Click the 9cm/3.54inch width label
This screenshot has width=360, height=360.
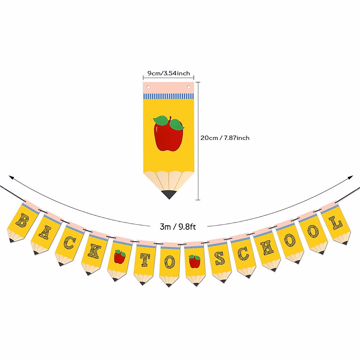pyautogui.click(x=169, y=73)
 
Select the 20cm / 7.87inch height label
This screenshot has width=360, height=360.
pyautogui.click(x=225, y=138)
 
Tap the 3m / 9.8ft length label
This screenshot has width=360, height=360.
pyautogui.click(x=178, y=226)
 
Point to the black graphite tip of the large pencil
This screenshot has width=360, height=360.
pyautogui.click(x=169, y=194)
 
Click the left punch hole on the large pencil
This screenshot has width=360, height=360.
pyautogui.click(x=148, y=87)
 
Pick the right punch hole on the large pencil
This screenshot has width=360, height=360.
pyautogui.click(x=189, y=87)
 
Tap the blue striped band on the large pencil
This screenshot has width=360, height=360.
pyautogui.click(x=169, y=96)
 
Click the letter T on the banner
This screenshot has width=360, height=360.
pyautogui.click(x=145, y=260)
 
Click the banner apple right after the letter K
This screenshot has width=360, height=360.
pyautogui.click(x=120, y=257)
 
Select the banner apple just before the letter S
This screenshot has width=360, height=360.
pyautogui.click(x=194, y=261)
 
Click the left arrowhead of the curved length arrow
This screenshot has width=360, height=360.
pyautogui.click(x=11, y=177)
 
